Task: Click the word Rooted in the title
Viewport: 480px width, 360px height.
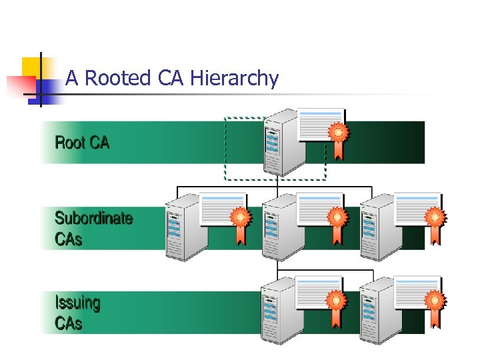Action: (x=118, y=79)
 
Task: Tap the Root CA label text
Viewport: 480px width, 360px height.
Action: (x=82, y=143)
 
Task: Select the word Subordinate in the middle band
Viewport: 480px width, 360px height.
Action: (x=93, y=218)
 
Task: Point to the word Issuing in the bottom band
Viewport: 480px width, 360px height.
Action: (x=77, y=303)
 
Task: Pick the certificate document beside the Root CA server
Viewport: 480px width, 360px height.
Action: (x=320, y=124)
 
